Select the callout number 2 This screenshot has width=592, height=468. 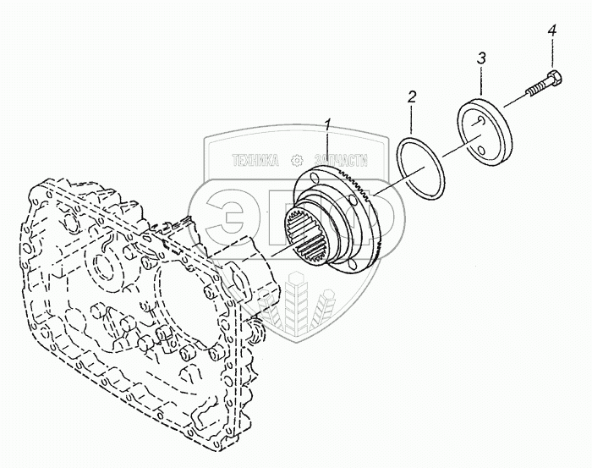point(412,97)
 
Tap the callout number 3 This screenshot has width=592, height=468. point(481,58)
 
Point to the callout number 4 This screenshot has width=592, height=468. point(551,31)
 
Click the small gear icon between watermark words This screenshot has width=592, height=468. point(297,159)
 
